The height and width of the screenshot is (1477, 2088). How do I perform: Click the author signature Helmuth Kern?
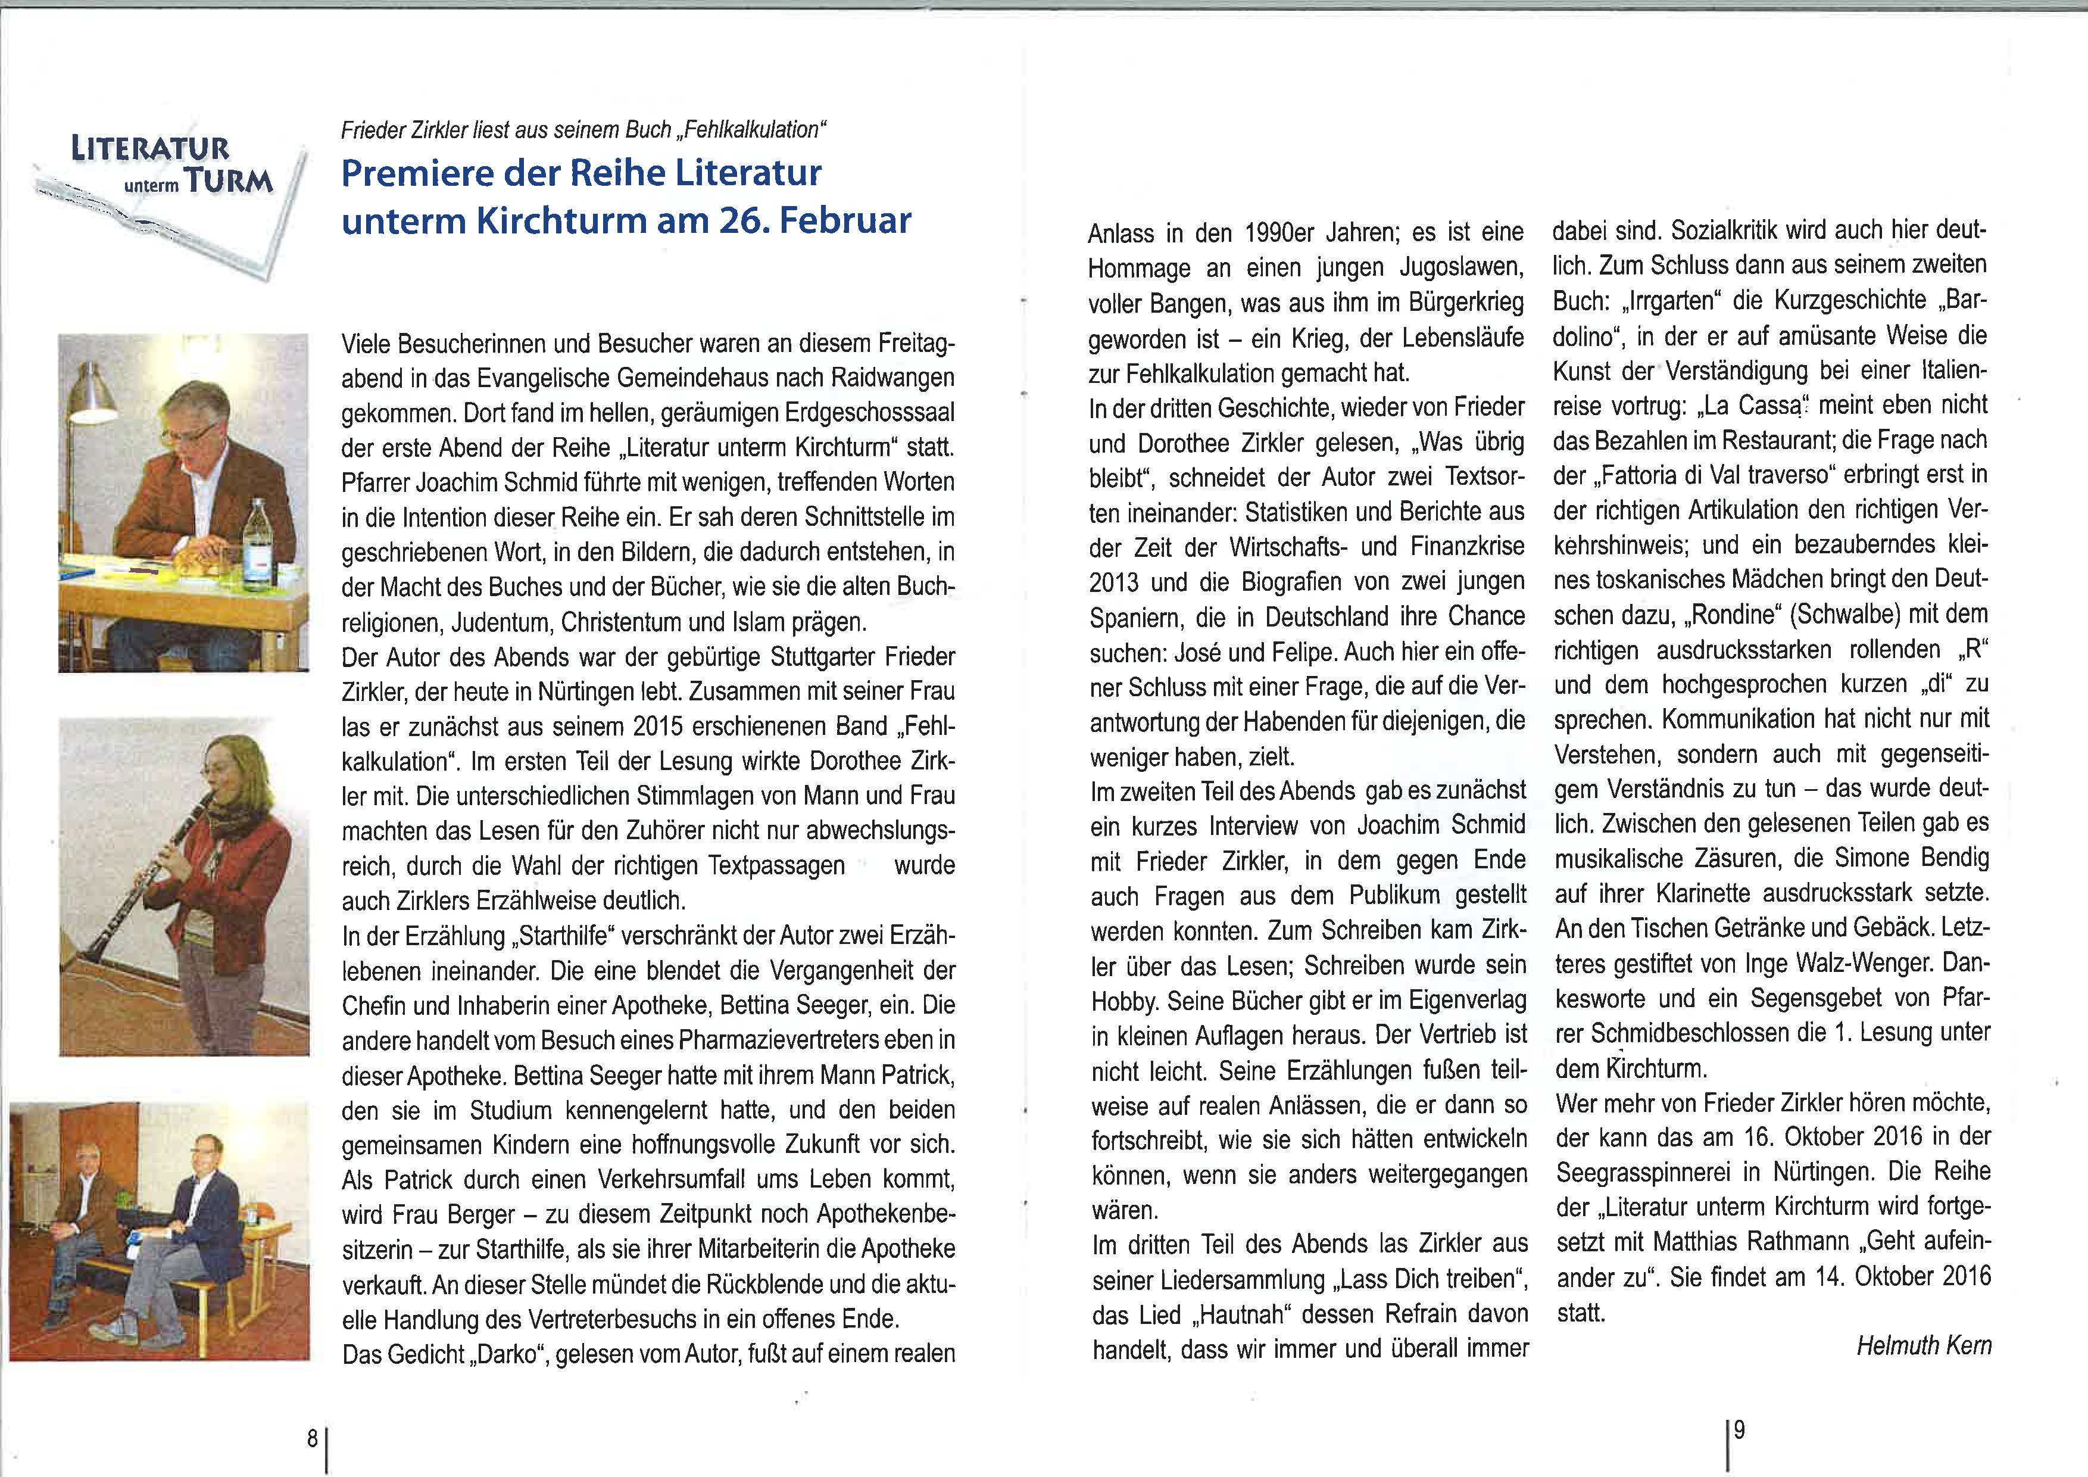point(1924,1345)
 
